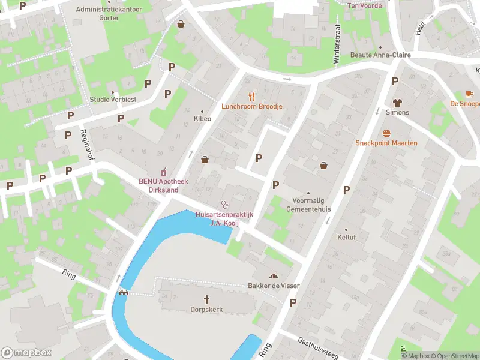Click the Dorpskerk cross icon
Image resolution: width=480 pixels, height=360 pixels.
point(207,299)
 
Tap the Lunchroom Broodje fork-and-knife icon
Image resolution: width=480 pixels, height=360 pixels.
point(252,96)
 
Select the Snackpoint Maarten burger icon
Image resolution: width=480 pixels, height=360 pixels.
point(386,133)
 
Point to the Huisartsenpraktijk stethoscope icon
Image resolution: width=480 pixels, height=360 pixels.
point(224,204)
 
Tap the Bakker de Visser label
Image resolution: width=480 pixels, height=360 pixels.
point(274,286)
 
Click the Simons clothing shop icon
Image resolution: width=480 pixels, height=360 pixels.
point(397,102)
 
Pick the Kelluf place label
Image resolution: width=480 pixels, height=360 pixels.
point(346,237)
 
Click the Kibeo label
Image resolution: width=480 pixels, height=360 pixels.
point(202,119)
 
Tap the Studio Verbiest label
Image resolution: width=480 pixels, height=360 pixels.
point(113,99)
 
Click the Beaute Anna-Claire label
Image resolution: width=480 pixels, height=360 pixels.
point(380,55)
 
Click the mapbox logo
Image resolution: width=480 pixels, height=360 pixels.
point(26,353)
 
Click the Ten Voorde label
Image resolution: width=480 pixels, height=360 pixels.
point(365,5)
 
